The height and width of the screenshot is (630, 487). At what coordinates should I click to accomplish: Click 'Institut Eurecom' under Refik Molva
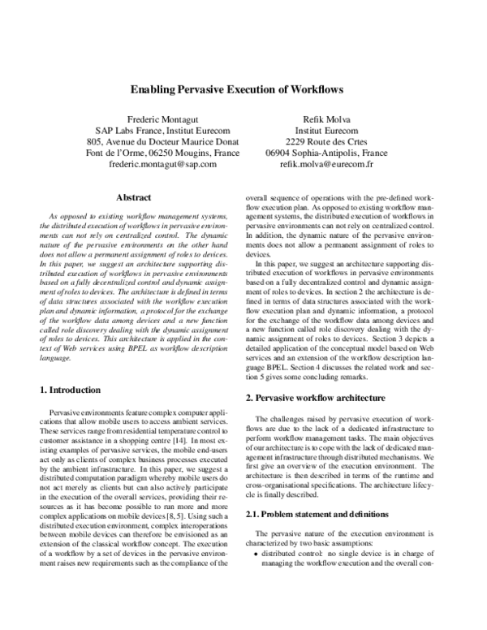[x=326, y=129]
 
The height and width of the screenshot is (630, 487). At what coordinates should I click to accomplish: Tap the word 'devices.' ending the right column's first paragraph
[x=260, y=253]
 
